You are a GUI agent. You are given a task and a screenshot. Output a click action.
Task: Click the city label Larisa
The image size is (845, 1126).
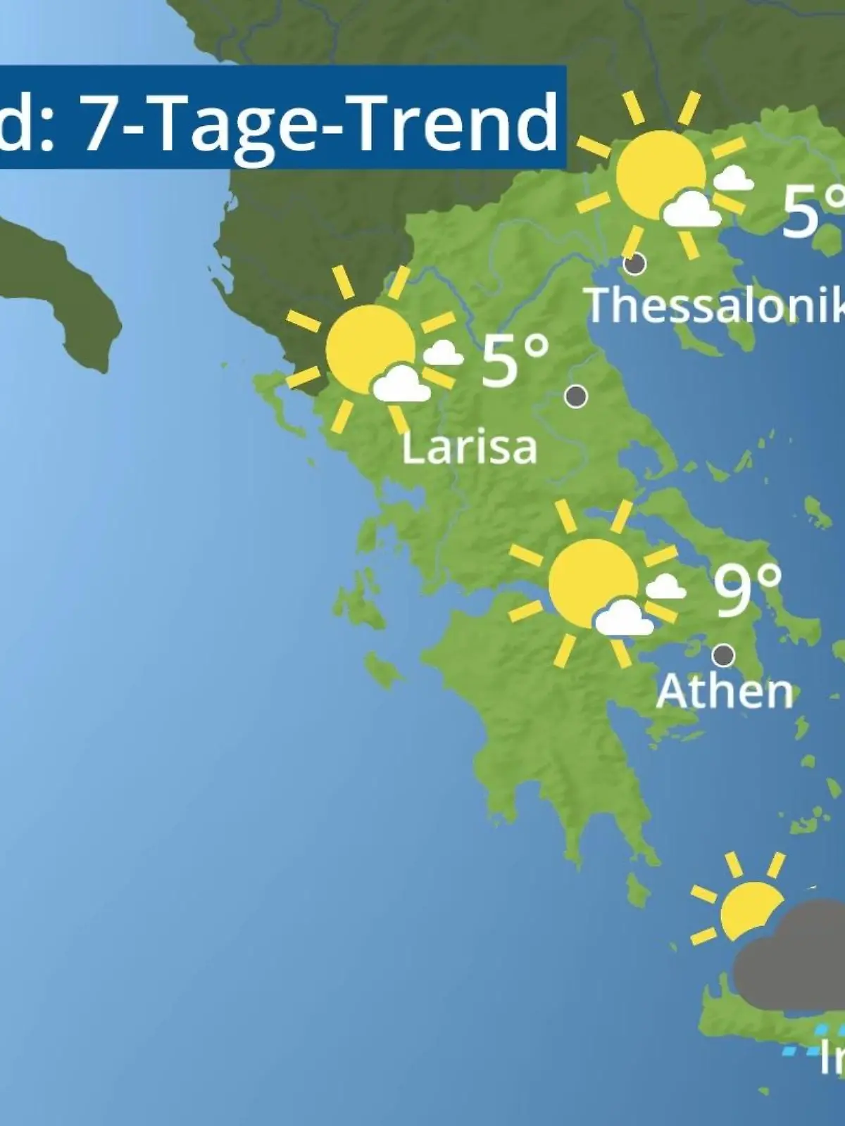pyautogui.click(x=469, y=447)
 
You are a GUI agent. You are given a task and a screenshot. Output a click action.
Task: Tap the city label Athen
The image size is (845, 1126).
pyautogui.click(x=724, y=691)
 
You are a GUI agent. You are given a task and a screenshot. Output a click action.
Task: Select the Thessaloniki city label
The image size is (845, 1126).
pyautogui.click(x=715, y=305)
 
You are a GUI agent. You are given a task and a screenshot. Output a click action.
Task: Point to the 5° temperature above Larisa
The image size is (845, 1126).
pyautogui.click(x=515, y=361)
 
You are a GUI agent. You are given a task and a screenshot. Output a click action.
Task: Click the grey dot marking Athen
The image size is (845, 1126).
pyautogui.click(x=723, y=655)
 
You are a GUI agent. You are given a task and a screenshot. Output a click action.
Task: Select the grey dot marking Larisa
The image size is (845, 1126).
pyautogui.click(x=576, y=396)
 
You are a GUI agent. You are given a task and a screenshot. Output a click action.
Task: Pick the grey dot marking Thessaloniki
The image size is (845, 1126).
pyautogui.click(x=635, y=264)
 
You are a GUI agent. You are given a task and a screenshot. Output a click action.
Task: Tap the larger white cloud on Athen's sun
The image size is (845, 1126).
pyautogui.click(x=623, y=618)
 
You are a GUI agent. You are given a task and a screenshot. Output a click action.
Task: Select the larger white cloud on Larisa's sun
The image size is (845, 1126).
pyautogui.click(x=401, y=384)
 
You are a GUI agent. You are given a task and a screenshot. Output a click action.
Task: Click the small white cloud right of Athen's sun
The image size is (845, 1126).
pyautogui.click(x=665, y=586)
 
